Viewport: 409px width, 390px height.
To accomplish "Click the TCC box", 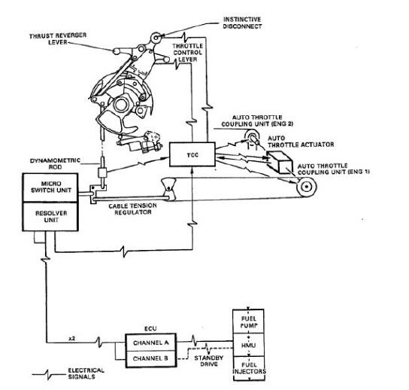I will [x=192, y=154].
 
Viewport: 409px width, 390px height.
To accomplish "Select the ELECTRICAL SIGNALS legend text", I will [x=83, y=373].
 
